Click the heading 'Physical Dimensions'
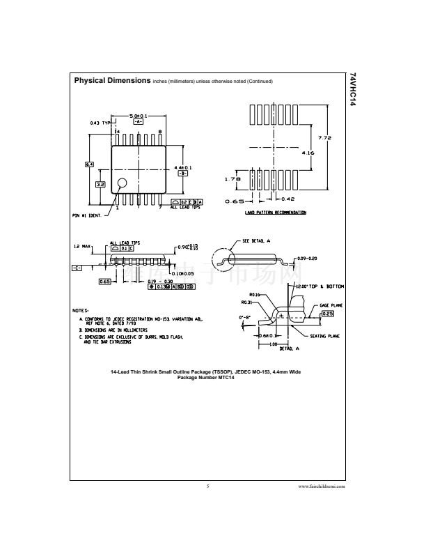(111, 81)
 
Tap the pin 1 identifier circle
(123, 184)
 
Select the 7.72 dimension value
(324, 137)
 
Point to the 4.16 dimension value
(308, 152)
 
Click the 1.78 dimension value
(232, 179)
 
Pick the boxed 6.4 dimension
(89, 164)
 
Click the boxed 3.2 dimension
(100, 184)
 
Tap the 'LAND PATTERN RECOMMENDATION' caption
(275, 212)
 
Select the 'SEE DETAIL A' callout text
(257, 240)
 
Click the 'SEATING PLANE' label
(324, 336)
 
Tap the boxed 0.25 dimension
(327, 314)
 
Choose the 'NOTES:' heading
(81, 309)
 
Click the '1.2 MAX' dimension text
(84, 247)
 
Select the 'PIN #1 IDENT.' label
(87, 215)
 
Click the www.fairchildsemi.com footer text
(322, 486)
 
